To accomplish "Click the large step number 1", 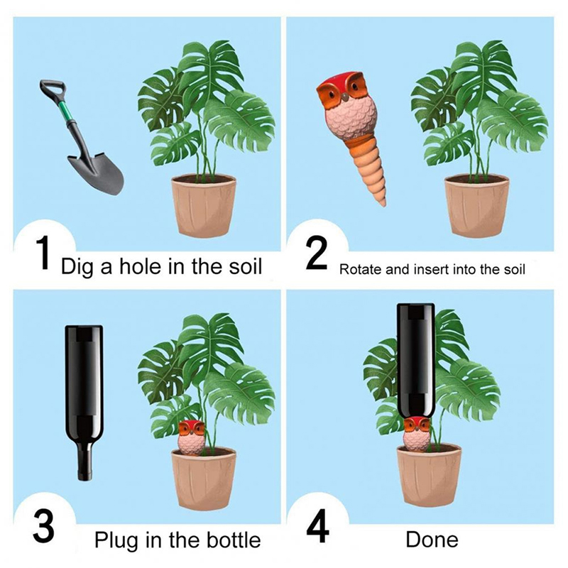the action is (44, 253).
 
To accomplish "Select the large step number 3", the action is (43, 525).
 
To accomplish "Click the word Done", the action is (432, 540).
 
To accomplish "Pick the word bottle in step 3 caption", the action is (234, 540).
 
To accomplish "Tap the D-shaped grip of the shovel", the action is (53, 88).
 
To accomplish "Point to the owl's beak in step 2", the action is (345, 97).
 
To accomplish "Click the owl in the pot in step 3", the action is (191, 437).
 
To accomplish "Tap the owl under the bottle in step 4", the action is (417, 434).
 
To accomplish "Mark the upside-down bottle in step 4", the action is (416, 361).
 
